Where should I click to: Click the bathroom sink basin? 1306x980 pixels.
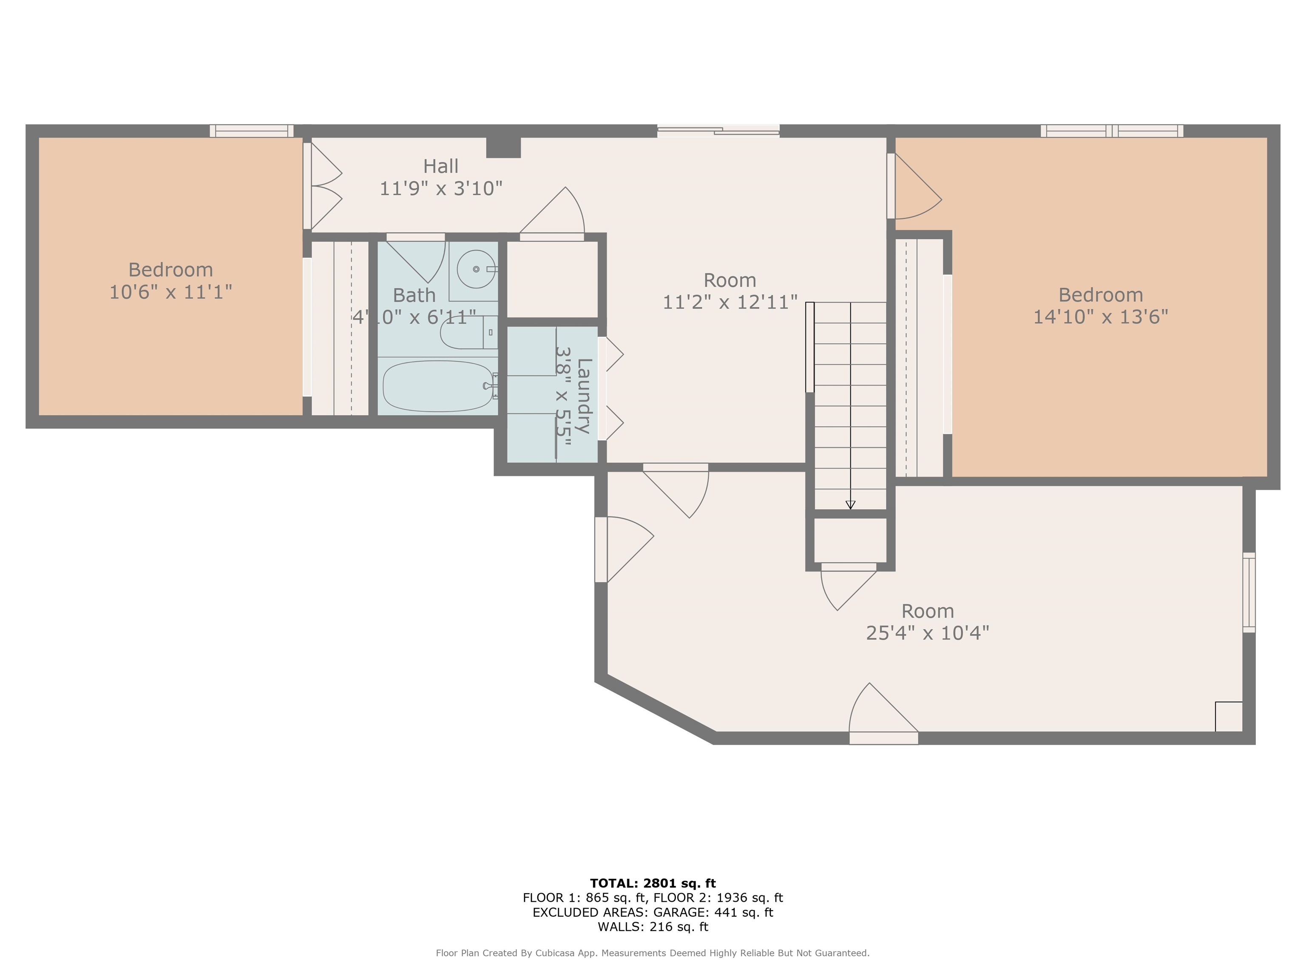click(x=476, y=269)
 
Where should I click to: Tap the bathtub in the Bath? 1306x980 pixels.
click(x=438, y=386)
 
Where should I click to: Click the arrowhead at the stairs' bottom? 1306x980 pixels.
click(x=850, y=504)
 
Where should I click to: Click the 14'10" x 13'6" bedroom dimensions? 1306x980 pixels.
click(x=1100, y=316)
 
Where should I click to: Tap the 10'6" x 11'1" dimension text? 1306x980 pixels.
click(x=170, y=292)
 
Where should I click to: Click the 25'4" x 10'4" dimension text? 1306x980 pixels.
click(x=927, y=632)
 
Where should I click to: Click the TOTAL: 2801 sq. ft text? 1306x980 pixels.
click(x=653, y=883)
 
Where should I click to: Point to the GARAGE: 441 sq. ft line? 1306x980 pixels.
click(x=653, y=912)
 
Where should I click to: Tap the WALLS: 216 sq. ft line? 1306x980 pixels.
click(x=653, y=927)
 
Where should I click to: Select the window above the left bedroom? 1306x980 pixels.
click(x=252, y=131)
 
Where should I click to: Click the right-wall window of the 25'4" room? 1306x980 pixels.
click(x=1249, y=592)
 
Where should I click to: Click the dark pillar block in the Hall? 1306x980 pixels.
click(x=503, y=147)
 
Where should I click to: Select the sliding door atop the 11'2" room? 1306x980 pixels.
click(x=718, y=131)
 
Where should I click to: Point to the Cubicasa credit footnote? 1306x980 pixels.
click(x=653, y=953)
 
